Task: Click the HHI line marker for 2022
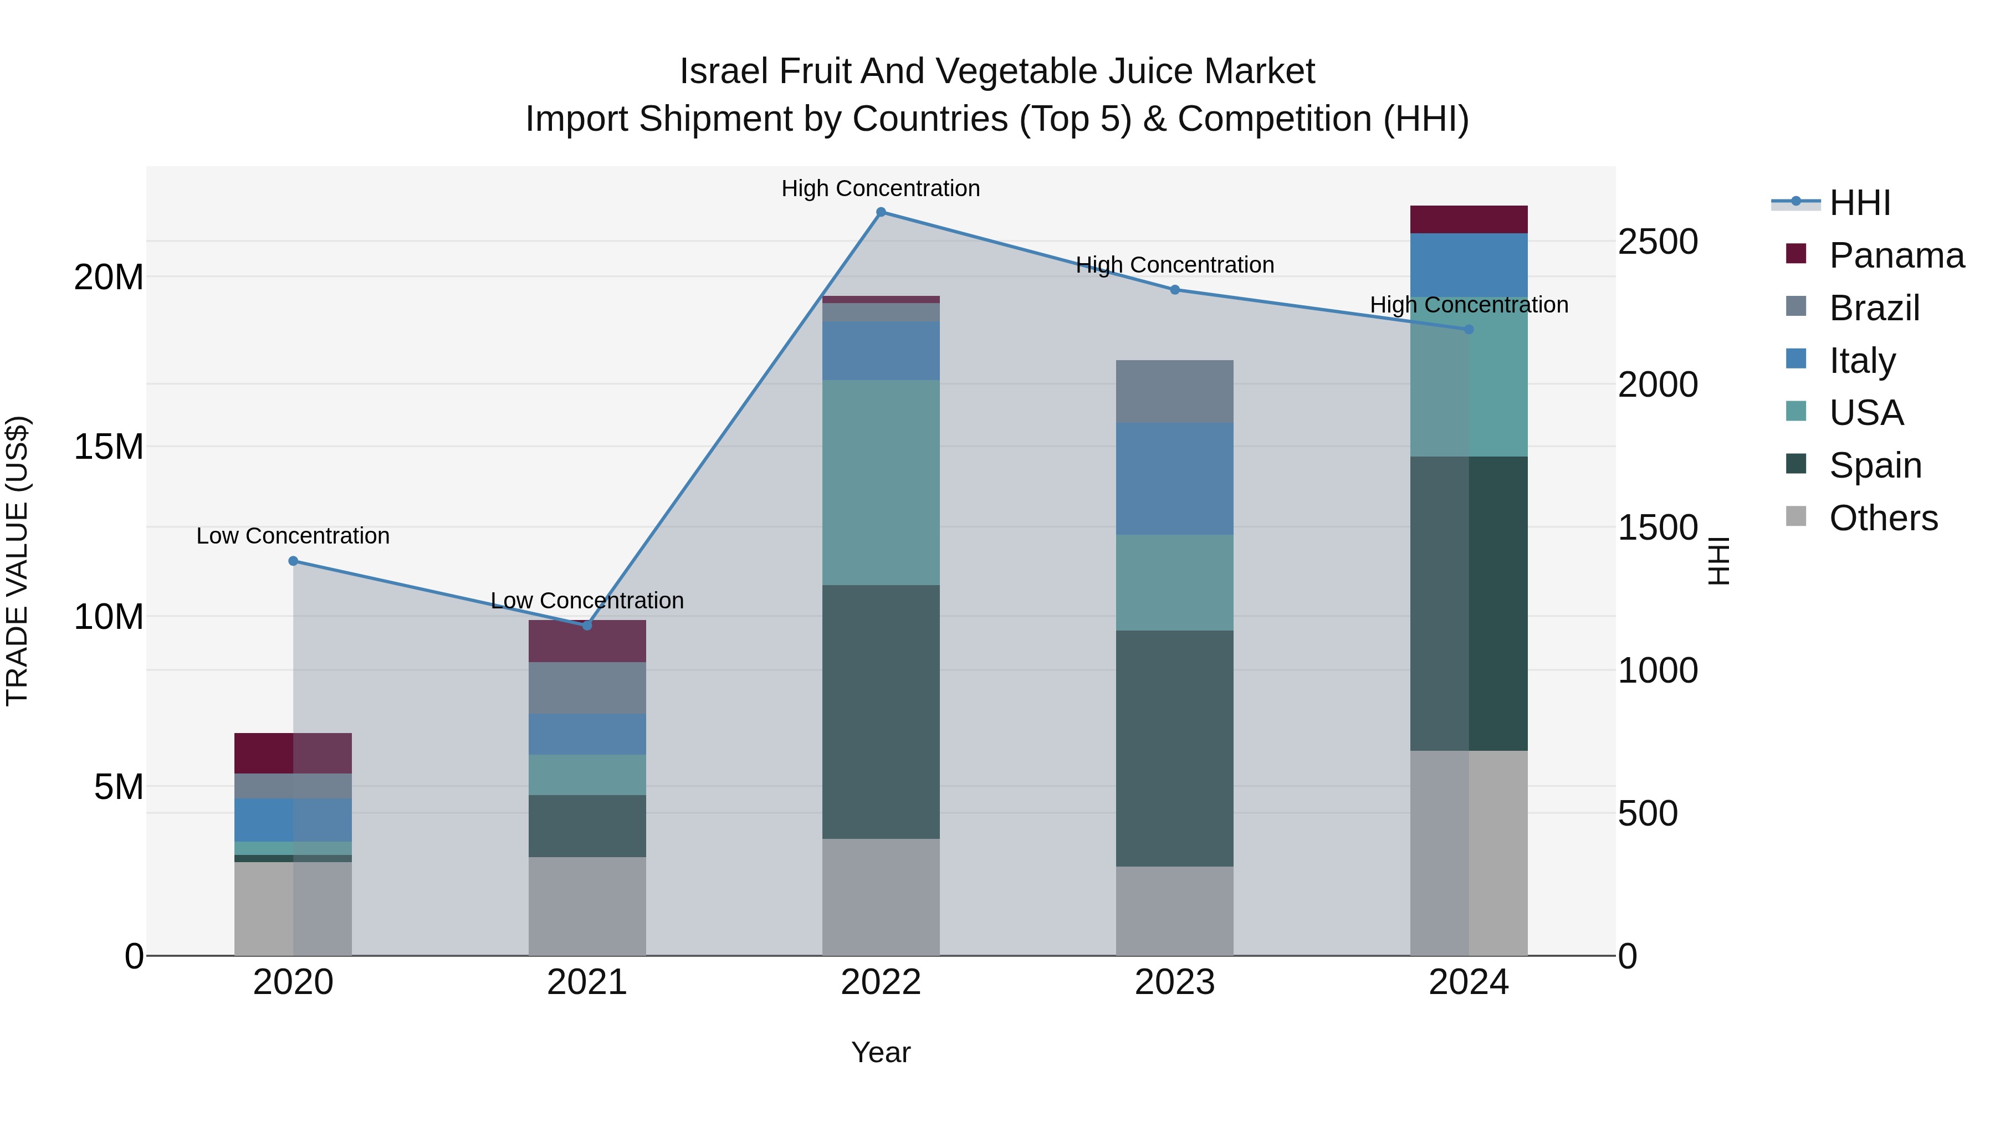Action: coord(881,212)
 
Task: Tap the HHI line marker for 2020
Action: coord(293,561)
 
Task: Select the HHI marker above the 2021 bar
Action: coord(587,626)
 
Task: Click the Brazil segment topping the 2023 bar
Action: coord(1174,391)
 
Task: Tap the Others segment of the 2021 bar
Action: coord(587,906)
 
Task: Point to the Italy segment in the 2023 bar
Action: coord(1174,479)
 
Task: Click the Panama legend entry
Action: coord(1895,255)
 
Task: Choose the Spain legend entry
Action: coord(1874,465)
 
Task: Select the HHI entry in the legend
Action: coord(1859,203)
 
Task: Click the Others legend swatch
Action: coord(1795,516)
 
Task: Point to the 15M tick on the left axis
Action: coord(109,447)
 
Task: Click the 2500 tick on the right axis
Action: coord(1658,242)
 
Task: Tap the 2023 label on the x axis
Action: coord(1174,982)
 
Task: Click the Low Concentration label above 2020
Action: coord(293,536)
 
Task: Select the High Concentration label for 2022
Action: coord(881,188)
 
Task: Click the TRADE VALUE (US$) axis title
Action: coord(17,561)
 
